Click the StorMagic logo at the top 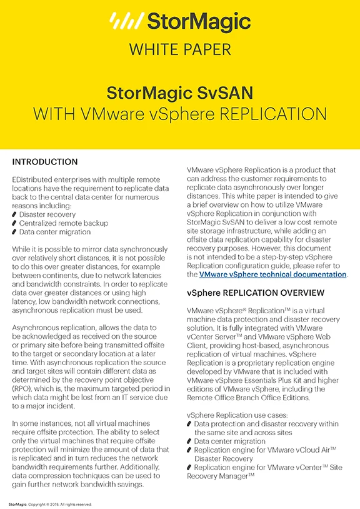click(180, 22)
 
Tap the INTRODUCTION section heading click(45, 162)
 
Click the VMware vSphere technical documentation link click(273, 275)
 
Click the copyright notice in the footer click(50, 503)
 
